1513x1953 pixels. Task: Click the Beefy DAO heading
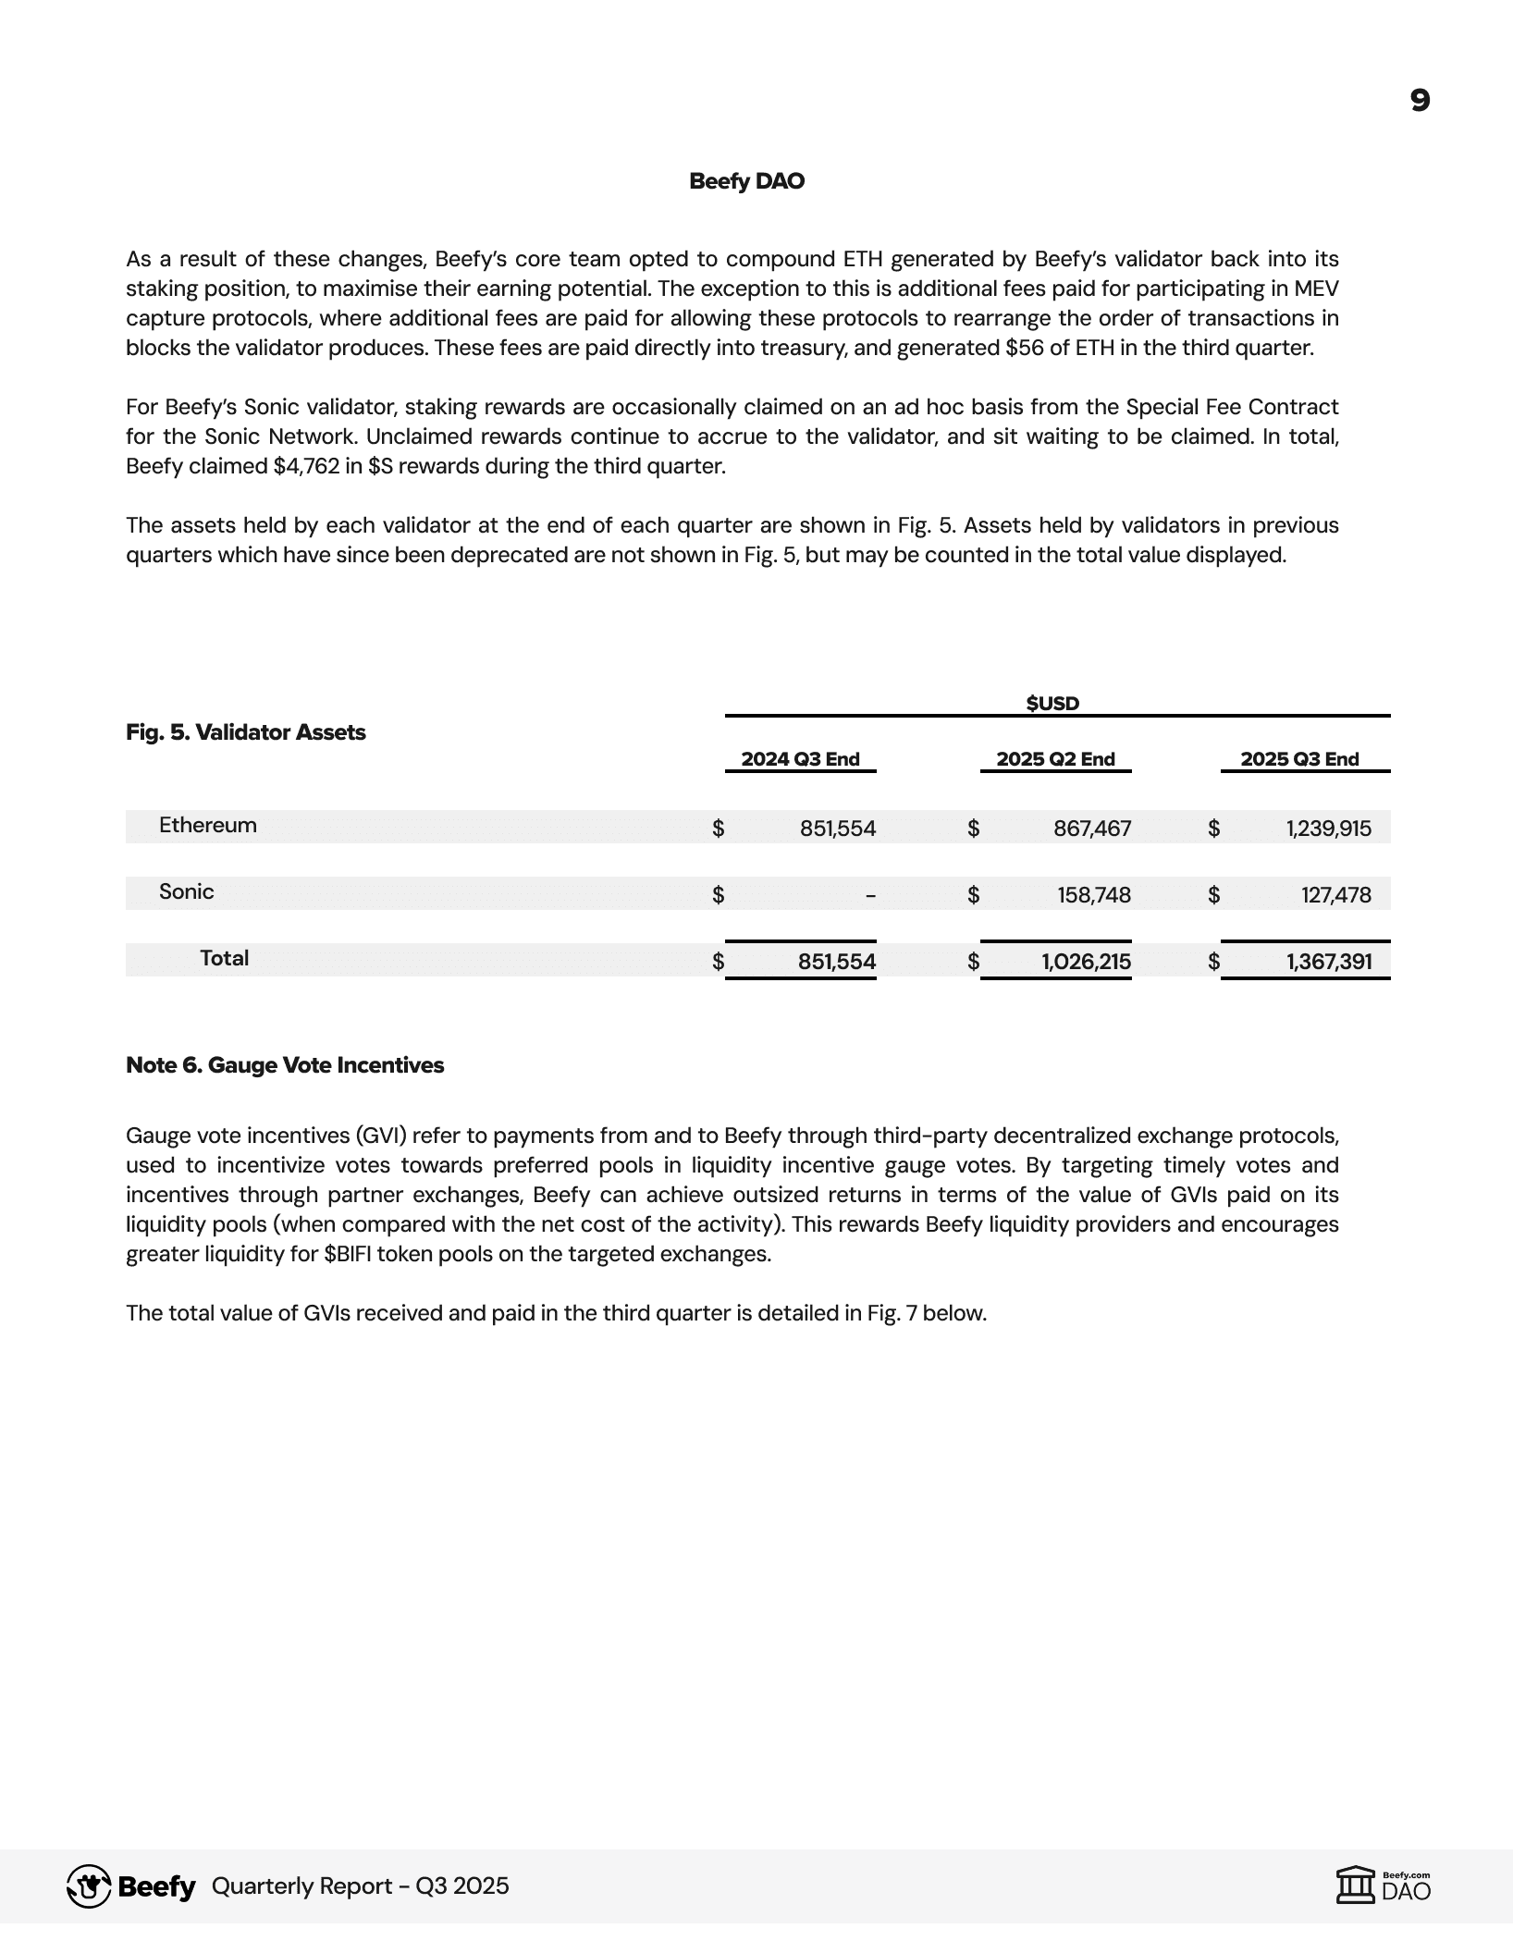point(746,181)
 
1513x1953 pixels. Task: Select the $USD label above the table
point(1052,703)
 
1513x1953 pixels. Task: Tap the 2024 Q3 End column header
point(800,759)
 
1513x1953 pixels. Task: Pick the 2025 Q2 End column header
point(1055,759)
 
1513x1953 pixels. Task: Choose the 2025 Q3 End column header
point(1299,759)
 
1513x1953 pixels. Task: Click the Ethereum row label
point(208,825)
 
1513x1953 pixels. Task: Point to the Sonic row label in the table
point(187,891)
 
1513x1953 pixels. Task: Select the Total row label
point(225,958)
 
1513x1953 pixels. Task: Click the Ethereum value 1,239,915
point(1329,829)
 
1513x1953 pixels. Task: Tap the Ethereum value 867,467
point(1092,829)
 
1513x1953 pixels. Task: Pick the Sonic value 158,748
point(1094,895)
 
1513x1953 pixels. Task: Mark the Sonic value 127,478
point(1336,895)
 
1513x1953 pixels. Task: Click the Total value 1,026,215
point(1086,962)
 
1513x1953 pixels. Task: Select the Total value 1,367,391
point(1329,962)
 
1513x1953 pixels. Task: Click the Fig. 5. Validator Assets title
point(246,732)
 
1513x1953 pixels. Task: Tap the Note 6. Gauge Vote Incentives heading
point(285,1065)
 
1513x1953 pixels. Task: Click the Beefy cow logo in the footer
point(90,1886)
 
